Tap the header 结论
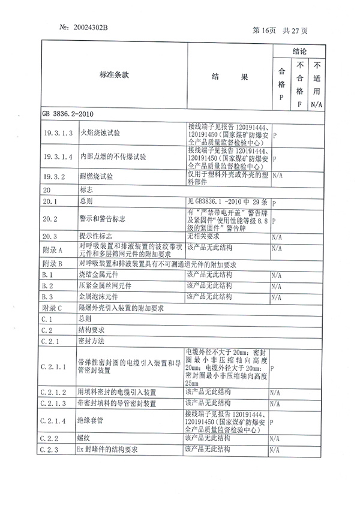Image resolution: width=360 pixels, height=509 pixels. (x=299, y=52)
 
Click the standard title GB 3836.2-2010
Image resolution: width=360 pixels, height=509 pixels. (x=67, y=113)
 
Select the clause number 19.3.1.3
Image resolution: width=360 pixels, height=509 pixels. (x=58, y=133)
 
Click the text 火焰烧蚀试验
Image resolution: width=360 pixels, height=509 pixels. (x=100, y=133)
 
